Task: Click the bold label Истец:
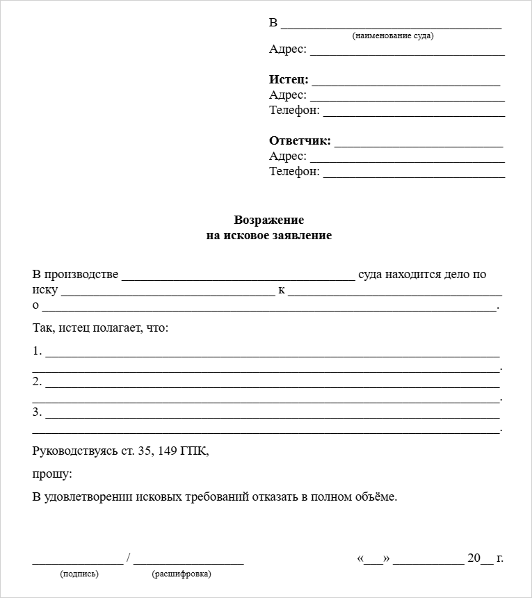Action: point(289,80)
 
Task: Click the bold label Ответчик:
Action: point(300,141)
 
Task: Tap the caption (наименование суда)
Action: point(393,35)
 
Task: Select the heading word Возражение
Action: point(269,220)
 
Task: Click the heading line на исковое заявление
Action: point(269,236)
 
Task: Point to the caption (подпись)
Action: point(80,574)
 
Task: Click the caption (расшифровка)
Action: point(182,574)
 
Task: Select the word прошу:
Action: point(52,474)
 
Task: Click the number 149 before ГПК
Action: point(168,451)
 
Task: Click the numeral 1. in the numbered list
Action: point(38,351)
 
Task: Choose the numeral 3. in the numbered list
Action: point(38,412)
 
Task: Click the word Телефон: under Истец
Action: point(294,110)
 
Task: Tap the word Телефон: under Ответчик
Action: point(294,171)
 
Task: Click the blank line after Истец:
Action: point(406,83)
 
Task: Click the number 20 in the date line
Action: point(474,558)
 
